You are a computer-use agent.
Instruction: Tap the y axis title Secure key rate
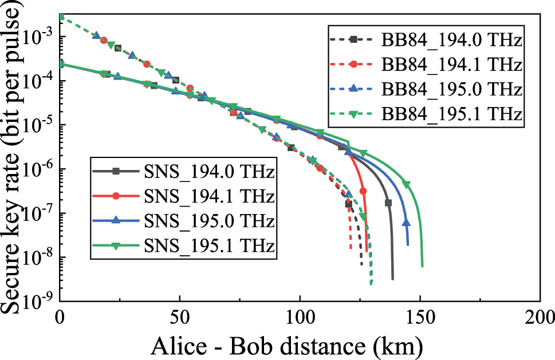point(14,157)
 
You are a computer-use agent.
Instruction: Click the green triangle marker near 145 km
point(407,184)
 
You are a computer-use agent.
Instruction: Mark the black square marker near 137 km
point(388,203)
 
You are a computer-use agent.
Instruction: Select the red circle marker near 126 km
point(363,191)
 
